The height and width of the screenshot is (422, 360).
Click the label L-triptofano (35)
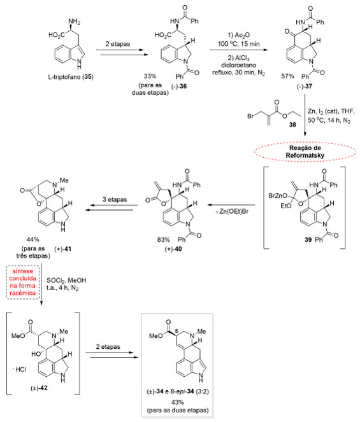pos(71,77)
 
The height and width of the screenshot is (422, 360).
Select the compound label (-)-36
pos(179,86)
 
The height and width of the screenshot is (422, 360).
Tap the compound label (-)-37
pos(305,87)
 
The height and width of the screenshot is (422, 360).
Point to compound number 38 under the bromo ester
pos(292,125)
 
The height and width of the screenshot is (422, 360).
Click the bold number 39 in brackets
pos(308,239)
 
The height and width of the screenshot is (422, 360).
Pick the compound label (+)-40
pos(173,249)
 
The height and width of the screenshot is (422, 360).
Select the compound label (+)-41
pos(63,249)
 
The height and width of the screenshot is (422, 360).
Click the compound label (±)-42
pos(39,388)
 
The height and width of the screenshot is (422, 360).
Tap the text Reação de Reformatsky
pos(305,151)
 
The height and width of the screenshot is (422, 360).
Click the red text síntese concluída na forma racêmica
pos(23,282)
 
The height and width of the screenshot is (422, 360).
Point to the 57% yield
pos(287,76)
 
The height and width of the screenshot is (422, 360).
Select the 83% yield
pos(164,239)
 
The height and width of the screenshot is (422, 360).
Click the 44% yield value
pos(33,239)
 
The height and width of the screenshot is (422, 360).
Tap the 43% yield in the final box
pos(178,402)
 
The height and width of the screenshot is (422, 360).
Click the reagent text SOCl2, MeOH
pos(66,281)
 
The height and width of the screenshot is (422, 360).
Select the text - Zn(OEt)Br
pos(232,211)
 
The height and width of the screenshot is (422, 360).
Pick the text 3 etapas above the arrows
pos(115,199)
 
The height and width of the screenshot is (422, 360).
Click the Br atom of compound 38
pos(250,116)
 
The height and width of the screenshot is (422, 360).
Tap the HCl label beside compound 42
pos(20,369)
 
